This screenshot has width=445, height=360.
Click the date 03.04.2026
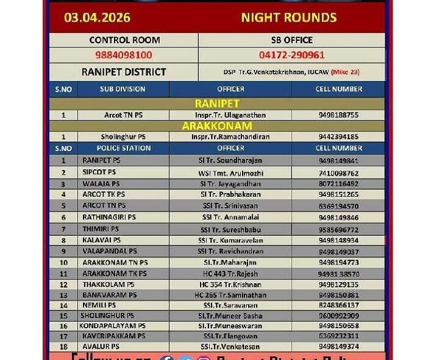point(97,18)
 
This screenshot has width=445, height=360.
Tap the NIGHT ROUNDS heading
point(288,18)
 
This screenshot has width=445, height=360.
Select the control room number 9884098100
point(124,55)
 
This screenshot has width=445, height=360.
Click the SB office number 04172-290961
point(291,55)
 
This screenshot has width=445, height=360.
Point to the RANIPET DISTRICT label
point(124,72)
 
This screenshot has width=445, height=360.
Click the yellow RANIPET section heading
point(216,104)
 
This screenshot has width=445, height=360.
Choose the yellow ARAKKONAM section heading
point(216,126)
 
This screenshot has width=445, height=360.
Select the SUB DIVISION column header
point(123,89)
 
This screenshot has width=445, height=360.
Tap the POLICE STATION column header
point(123,148)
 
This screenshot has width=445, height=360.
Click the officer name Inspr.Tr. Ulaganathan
point(230,115)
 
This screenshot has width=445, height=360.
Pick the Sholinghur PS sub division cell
point(123,137)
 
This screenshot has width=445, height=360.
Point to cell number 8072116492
point(338,183)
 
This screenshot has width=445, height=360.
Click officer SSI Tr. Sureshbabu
point(230,230)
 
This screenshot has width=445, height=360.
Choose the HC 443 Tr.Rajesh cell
point(230,274)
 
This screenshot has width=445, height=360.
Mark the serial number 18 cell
point(63,347)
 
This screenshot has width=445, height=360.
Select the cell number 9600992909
point(338,316)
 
